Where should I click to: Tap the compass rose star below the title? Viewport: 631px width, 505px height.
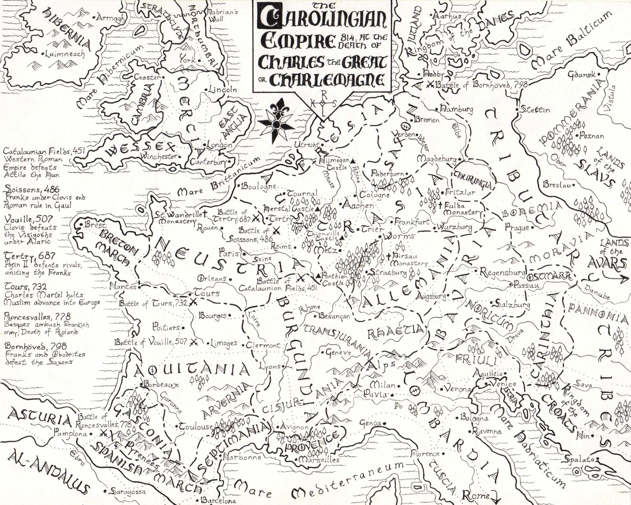point(276,124)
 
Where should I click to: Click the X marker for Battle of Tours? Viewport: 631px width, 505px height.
point(193,302)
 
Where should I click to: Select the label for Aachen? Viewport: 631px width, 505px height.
point(359,205)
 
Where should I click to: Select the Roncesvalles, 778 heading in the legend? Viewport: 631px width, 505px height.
point(37,317)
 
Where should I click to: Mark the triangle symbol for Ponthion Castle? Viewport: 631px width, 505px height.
point(318,276)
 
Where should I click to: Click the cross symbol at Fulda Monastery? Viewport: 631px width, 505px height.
point(440,205)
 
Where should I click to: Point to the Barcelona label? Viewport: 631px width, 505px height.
point(219,500)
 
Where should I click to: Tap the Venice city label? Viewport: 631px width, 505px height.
point(503,384)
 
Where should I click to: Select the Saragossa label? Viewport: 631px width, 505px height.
point(128,492)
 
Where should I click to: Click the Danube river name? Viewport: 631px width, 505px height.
point(597,292)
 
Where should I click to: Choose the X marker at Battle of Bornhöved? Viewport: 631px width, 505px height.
point(429,84)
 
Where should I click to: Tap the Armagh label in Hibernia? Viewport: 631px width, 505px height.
point(110,18)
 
